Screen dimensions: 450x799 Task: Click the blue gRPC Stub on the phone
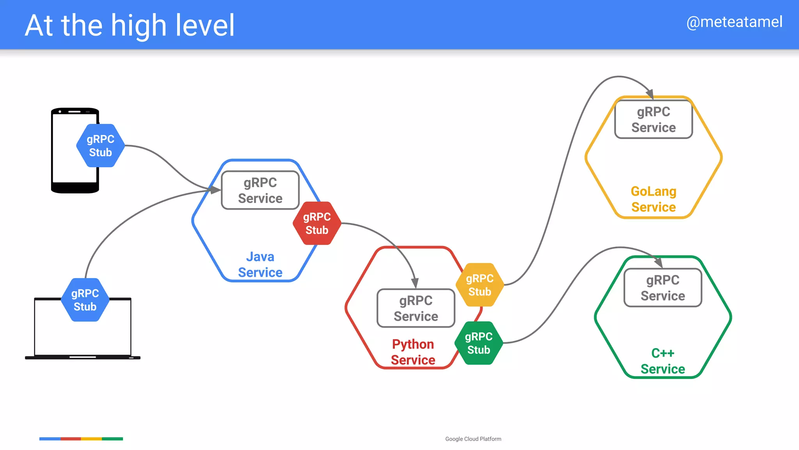pos(100,146)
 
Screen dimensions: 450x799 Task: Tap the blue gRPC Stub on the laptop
pos(85,300)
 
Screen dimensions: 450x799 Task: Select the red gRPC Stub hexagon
pos(317,223)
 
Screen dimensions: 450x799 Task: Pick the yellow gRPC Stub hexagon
pos(479,285)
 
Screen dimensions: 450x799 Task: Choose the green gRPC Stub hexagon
pos(479,343)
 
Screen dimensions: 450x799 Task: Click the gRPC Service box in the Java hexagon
pos(260,190)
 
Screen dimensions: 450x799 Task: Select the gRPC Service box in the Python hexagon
pos(416,308)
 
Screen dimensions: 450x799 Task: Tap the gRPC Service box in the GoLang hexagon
pos(653,120)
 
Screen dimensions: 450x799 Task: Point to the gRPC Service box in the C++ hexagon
pos(663,288)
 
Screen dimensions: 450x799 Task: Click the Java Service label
pos(260,264)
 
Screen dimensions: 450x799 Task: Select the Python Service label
pos(413,352)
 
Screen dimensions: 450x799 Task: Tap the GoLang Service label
pos(653,199)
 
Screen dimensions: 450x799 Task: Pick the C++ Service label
pos(663,361)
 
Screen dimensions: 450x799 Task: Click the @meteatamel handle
pos(734,22)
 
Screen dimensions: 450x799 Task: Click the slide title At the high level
pos(130,25)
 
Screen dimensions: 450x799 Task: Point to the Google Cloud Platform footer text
pos(473,439)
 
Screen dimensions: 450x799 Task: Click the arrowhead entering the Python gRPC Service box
pos(415,283)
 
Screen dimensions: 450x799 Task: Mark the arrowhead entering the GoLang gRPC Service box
pos(650,94)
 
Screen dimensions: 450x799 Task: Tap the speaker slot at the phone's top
pos(75,112)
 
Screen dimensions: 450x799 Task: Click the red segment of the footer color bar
pos(71,439)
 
